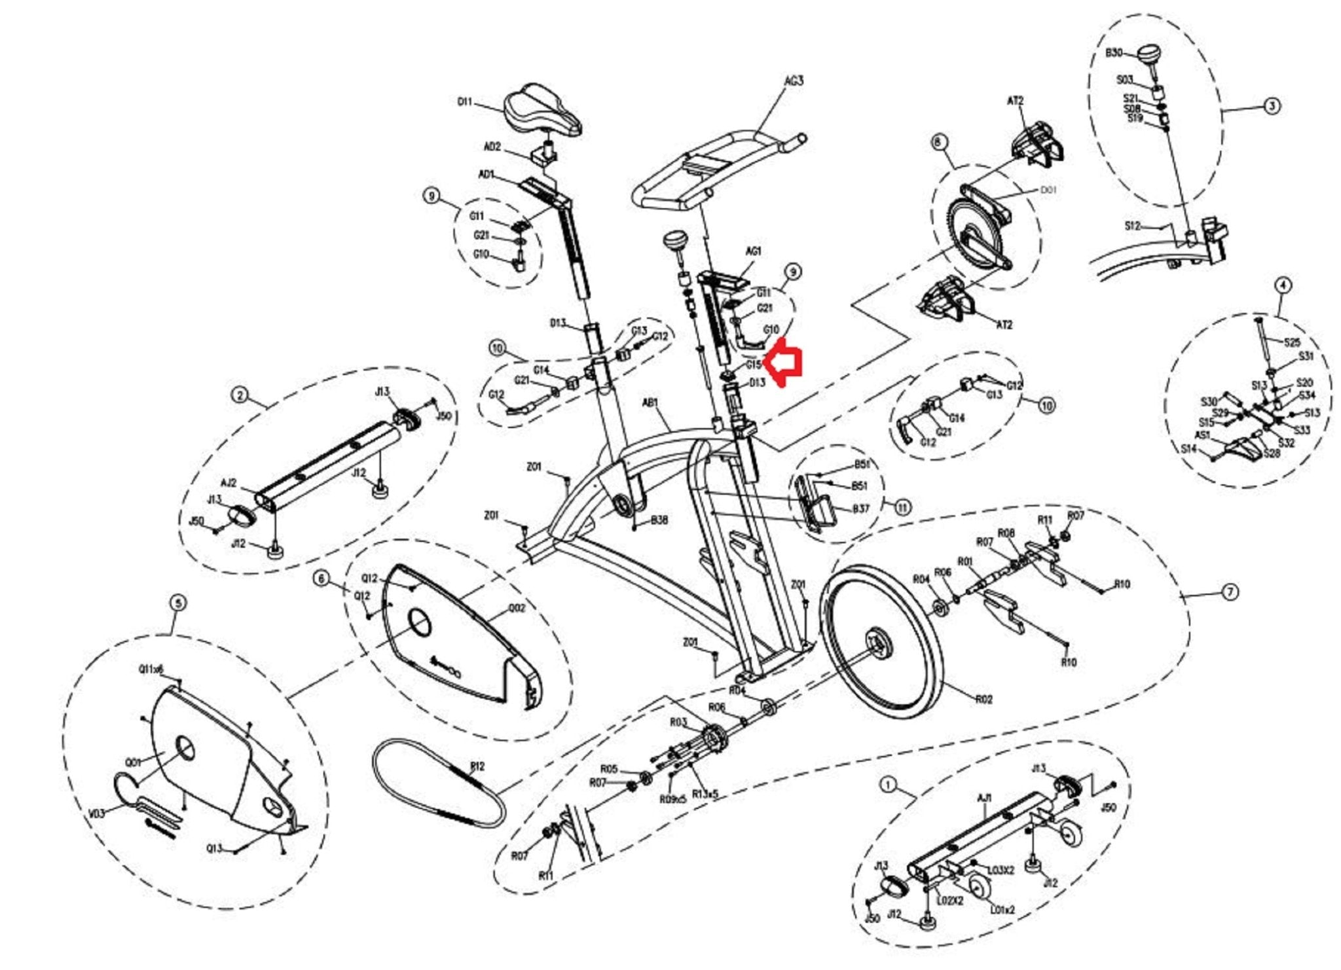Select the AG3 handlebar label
(x=794, y=81)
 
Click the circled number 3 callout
(x=1271, y=105)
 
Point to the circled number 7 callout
(x=1230, y=592)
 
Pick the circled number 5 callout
(x=178, y=603)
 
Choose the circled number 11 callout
(x=902, y=507)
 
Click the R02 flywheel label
(x=983, y=700)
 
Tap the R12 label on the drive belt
(x=477, y=766)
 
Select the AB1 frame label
(x=650, y=403)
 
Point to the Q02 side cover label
(x=517, y=608)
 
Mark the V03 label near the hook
(x=96, y=814)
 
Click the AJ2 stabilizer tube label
(x=229, y=483)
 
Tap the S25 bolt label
(x=1292, y=342)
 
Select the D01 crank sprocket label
(x=1048, y=190)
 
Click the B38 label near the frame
(x=659, y=521)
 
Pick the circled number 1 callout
(x=888, y=784)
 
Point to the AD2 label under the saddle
(x=492, y=147)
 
